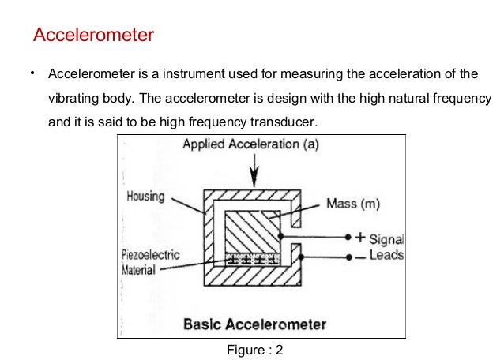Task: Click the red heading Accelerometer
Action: (x=93, y=36)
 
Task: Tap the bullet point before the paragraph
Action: (x=32, y=74)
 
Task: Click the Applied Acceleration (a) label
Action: (x=251, y=145)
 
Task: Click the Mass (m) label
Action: (x=352, y=204)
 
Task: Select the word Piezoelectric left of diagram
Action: (x=151, y=255)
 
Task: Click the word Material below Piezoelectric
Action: (x=143, y=269)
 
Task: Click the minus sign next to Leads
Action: (x=360, y=256)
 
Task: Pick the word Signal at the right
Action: (x=386, y=238)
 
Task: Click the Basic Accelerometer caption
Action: (x=254, y=324)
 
